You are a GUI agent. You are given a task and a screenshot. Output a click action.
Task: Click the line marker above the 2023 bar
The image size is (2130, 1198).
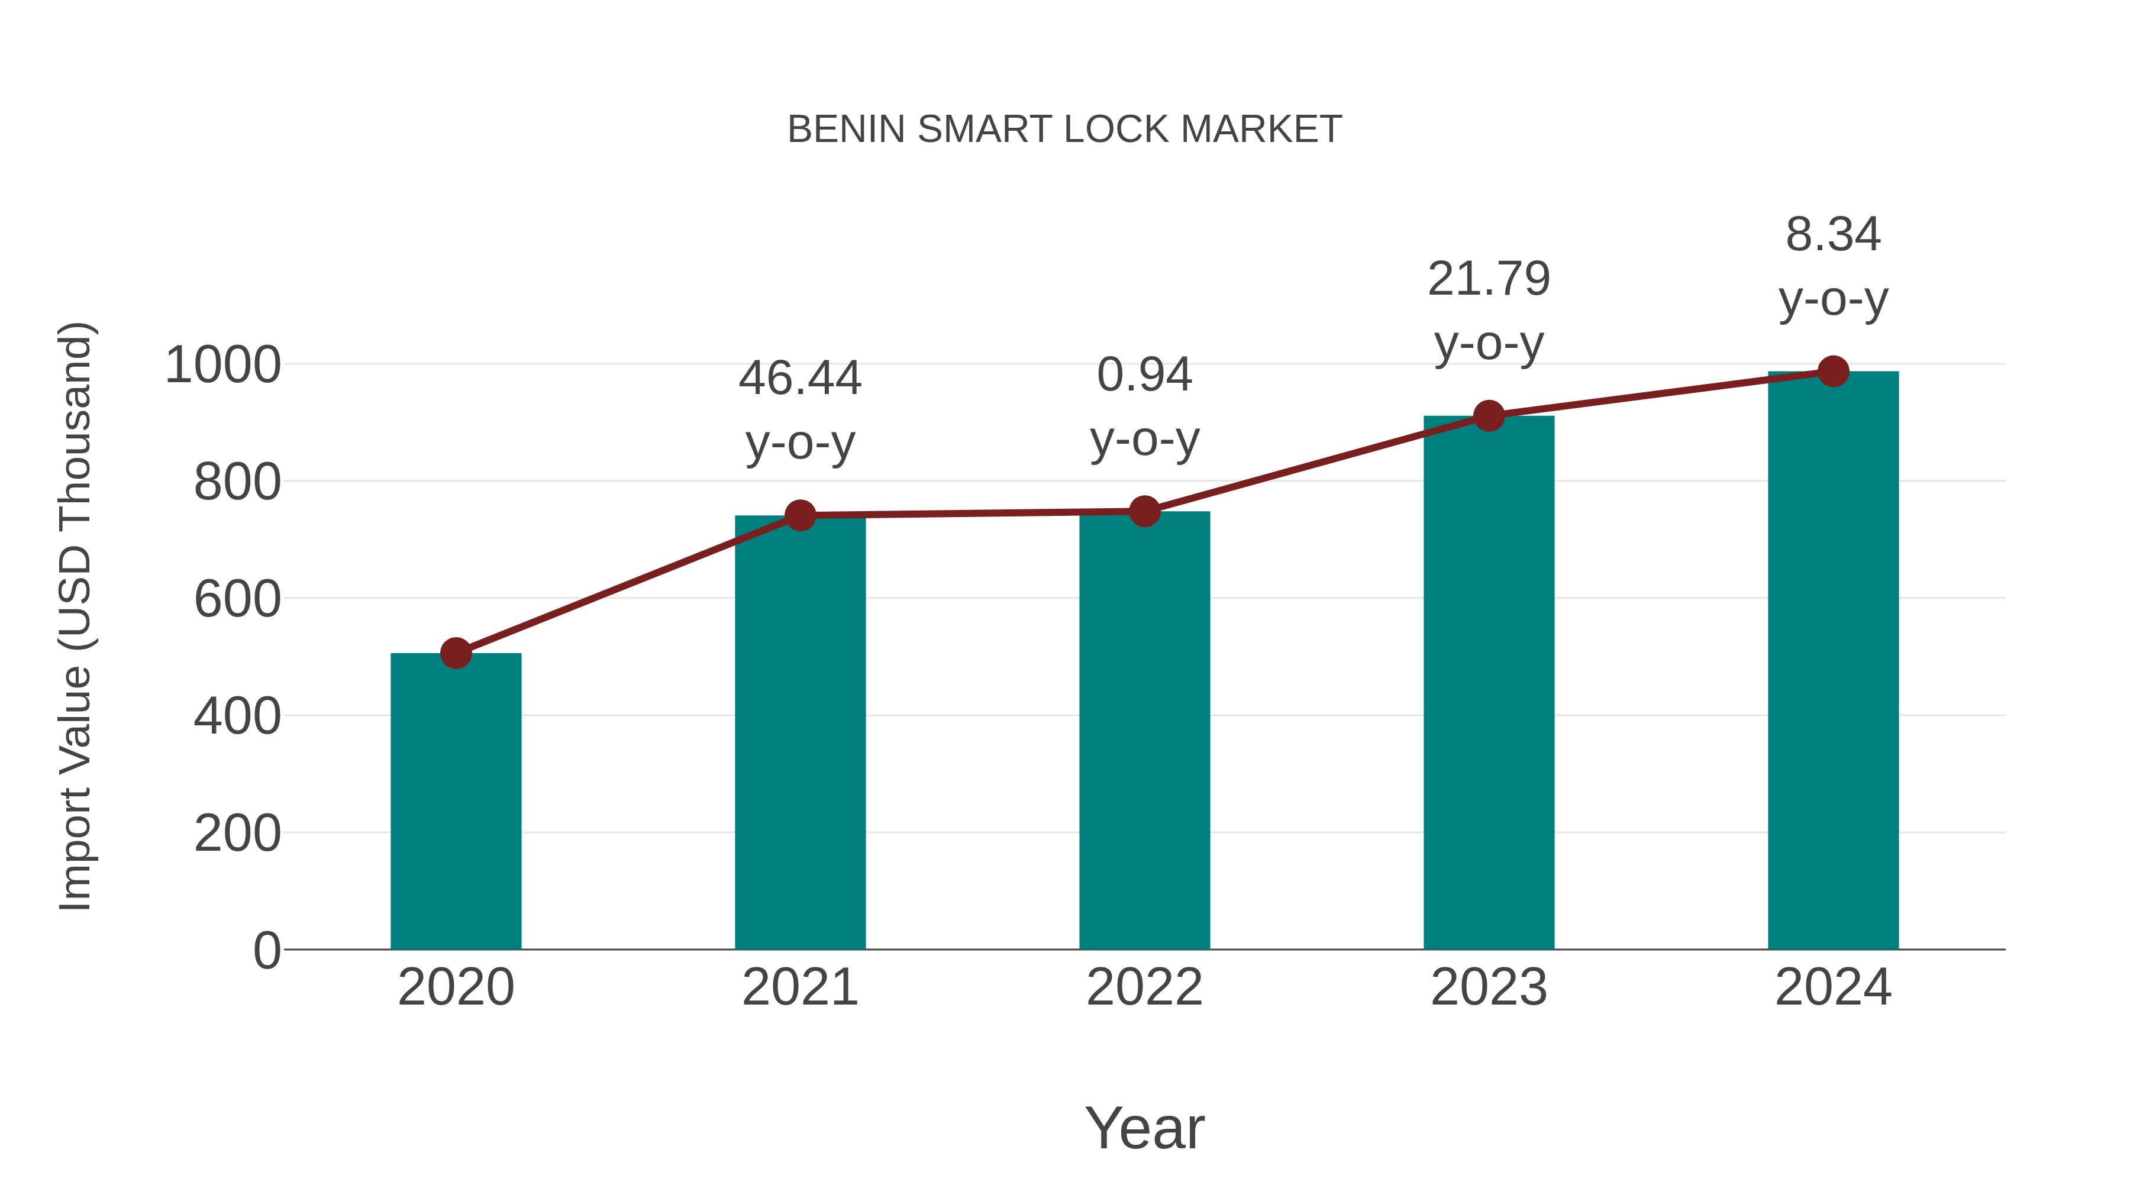1489,416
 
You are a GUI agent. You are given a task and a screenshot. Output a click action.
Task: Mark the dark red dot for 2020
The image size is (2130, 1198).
456,653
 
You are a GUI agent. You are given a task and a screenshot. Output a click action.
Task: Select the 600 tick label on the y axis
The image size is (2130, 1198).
237,599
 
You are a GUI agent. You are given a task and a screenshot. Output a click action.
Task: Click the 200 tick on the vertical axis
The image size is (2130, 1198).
237,834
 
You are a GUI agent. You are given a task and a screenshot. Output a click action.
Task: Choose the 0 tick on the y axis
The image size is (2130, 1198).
266,950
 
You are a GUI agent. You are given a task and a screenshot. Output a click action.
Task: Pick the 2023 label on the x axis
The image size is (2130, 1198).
1489,987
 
